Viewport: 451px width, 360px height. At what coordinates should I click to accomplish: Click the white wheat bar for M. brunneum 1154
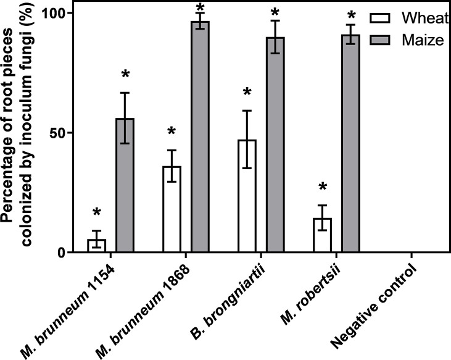[96, 246]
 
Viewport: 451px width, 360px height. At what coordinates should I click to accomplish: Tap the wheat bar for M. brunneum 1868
[172, 209]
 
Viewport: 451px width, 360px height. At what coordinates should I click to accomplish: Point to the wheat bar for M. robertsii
[322, 235]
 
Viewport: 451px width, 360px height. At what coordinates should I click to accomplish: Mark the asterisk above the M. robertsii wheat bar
[322, 187]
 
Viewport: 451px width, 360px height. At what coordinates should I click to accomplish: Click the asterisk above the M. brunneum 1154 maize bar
[125, 75]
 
